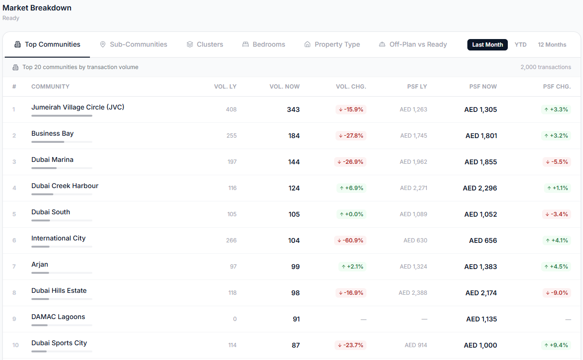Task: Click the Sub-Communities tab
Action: coord(134,45)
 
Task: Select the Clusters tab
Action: coord(205,45)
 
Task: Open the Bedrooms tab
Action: coord(264,45)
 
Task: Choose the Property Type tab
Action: coord(332,45)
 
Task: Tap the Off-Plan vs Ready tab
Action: coord(413,45)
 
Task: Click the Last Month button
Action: coord(487,45)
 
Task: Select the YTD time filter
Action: coord(521,45)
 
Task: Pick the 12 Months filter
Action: coord(552,45)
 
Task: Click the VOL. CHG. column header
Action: coord(351,87)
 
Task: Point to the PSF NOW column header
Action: coord(483,87)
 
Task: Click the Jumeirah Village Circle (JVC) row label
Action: coord(78,107)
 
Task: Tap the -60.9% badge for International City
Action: coord(350,240)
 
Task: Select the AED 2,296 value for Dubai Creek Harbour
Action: coord(480,188)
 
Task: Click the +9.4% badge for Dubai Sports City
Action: coord(556,345)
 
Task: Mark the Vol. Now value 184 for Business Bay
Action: coord(294,136)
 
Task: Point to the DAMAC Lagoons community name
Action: coord(58,317)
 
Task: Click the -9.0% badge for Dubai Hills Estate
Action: coord(557,293)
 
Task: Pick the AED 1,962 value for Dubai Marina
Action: coord(413,162)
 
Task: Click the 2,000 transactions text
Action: coord(546,67)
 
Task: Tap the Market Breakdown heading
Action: coord(37,8)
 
